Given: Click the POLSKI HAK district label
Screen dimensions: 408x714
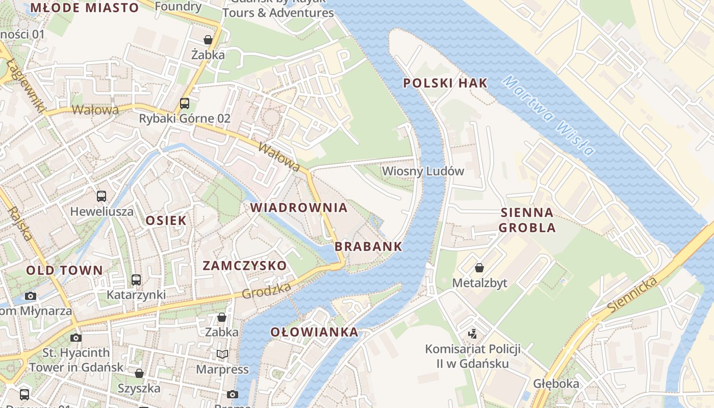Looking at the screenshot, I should click(x=445, y=83).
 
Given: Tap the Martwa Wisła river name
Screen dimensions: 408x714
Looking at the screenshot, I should click(x=548, y=115).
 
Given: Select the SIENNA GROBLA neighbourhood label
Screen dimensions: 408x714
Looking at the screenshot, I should click(x=527, y=220).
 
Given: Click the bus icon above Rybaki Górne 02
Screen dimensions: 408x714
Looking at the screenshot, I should click(x=185, y=104).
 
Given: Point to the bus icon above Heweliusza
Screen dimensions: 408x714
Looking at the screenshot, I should click(x=101, y=196).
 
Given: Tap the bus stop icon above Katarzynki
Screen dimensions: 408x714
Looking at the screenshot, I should click(x=136, y=280).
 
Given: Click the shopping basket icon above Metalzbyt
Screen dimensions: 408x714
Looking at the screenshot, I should click(x=479, y=268).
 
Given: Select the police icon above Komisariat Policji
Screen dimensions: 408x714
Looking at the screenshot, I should click(x=473, y=334).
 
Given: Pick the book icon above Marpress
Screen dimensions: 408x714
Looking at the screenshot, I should click(x=222, y=354).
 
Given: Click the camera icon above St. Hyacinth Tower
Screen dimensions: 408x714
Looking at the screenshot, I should click(x=76, y=338).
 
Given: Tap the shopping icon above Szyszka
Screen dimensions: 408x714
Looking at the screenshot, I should click(x=139, y=373).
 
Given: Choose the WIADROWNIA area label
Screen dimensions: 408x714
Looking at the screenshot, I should click(x=299, y=208).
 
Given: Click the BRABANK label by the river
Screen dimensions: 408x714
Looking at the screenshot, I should click(x=368, y=247).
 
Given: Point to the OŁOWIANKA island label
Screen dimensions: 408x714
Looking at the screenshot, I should click(x=314, y=333).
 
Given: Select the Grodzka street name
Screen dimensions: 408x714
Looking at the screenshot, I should click(x=266, y=291).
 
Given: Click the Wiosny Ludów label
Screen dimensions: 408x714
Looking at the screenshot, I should click(x=423, y=171).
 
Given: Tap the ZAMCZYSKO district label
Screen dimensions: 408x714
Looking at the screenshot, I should click(x=245, y=266).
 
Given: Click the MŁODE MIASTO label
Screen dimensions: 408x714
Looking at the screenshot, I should click(x=85, y=8).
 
